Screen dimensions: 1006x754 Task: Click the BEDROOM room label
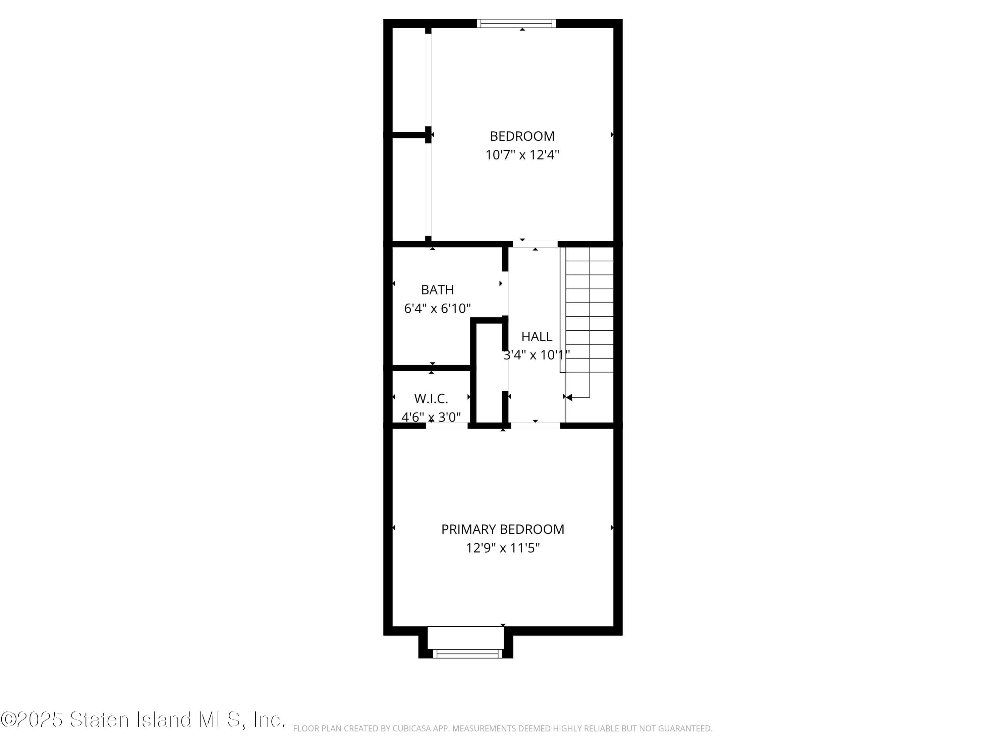click(522, 136)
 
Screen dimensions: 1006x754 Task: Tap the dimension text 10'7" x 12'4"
click(522, 155)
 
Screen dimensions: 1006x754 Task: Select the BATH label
click(438, 290)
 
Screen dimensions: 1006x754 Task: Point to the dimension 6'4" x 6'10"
click(438, 309)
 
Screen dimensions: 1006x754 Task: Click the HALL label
click(537, 336)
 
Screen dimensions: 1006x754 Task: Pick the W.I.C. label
click(431, 398)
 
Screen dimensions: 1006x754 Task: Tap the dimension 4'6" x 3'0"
click(431, 417)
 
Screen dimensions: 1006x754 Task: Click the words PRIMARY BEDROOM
click(503, 529)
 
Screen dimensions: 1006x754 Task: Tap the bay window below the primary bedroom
click(467, 653)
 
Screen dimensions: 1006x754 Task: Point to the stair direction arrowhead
click(569, 397)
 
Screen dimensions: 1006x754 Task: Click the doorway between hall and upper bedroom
click(535, 244)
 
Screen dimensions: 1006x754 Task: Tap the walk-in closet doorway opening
click(447, 425)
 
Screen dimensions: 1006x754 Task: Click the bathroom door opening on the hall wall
click(505, 294)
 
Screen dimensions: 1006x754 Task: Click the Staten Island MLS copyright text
click(143, 719)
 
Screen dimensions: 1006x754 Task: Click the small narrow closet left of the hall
click(489, 373)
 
